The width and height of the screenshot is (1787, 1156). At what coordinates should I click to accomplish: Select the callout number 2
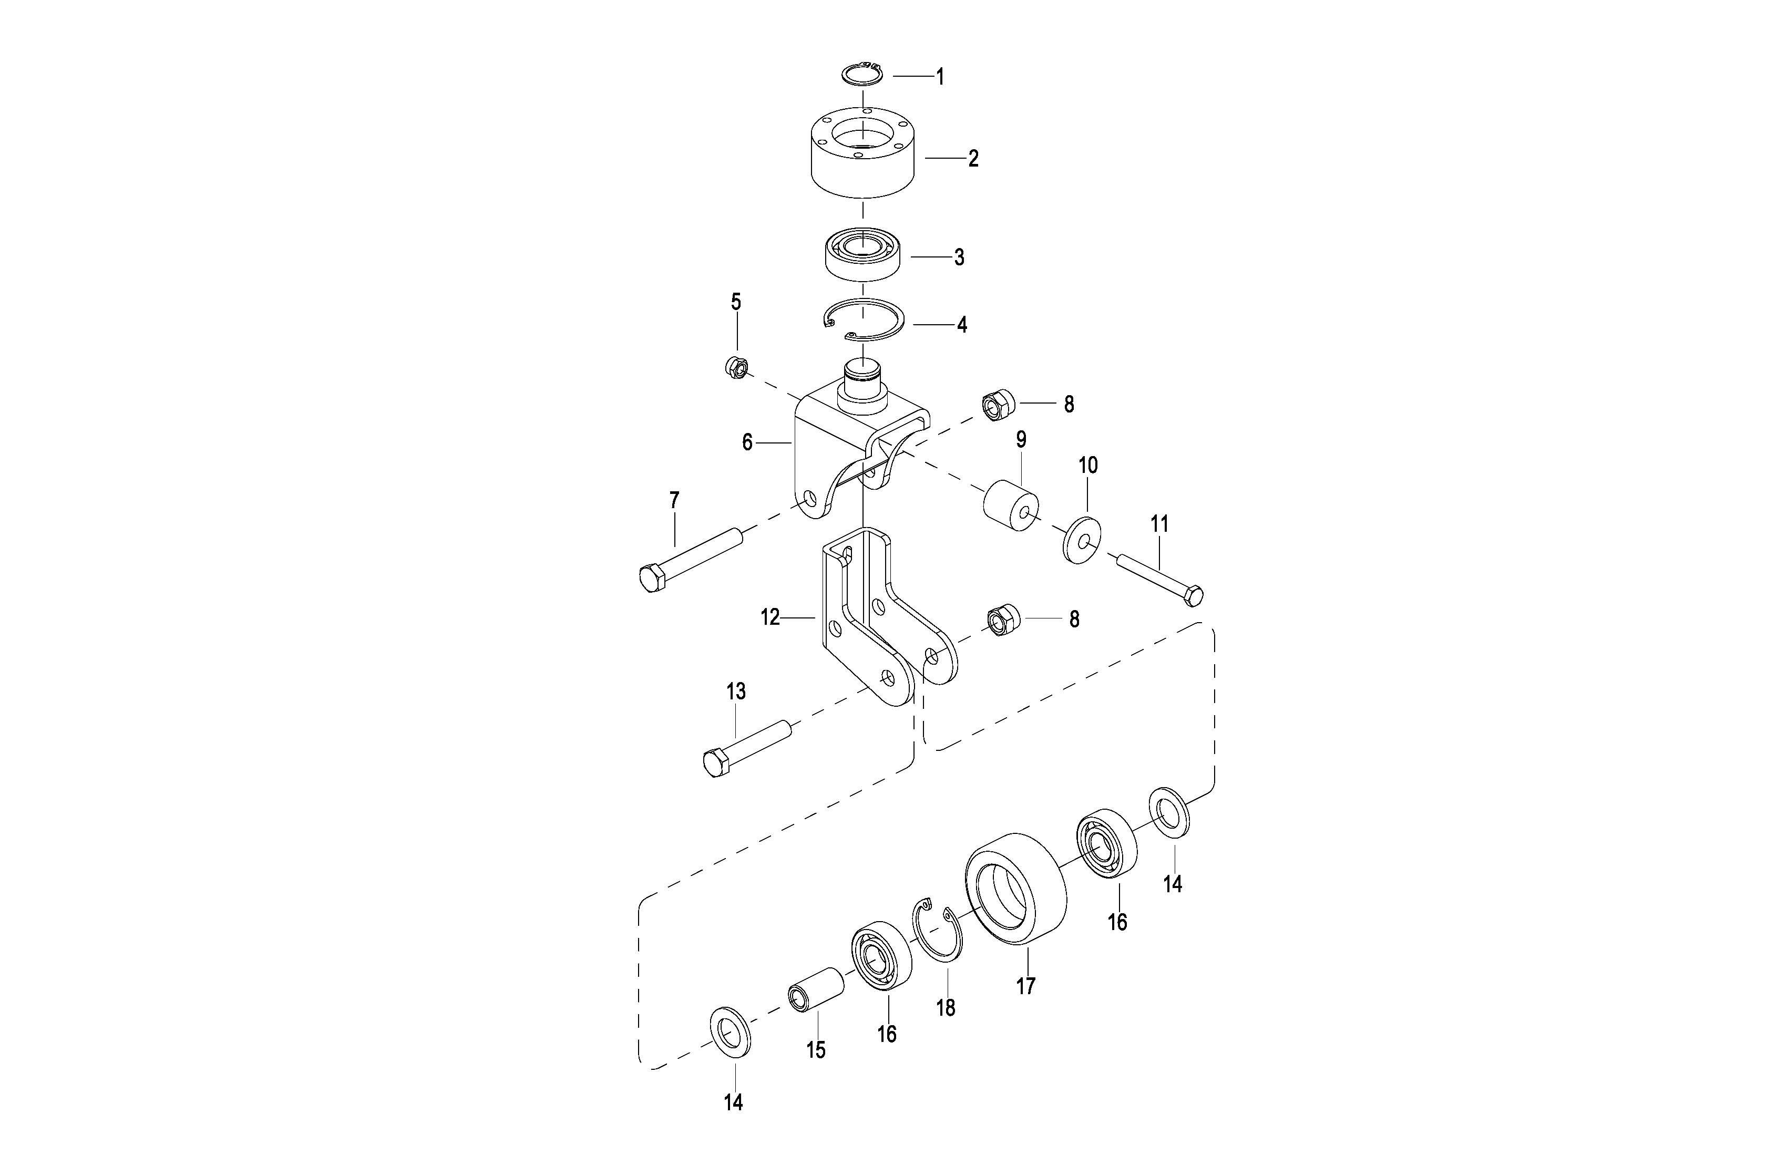pos(973,158)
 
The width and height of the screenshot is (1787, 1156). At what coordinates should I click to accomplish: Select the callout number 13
pos(736,691)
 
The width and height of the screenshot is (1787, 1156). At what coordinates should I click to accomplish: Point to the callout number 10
pos(1088,466)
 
